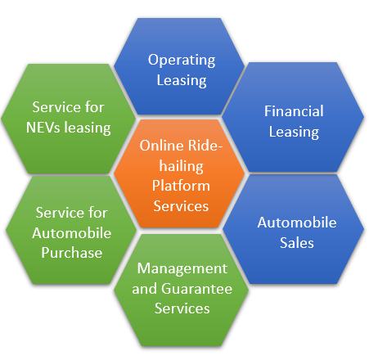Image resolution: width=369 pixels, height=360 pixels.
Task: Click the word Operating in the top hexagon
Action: click(182, 61)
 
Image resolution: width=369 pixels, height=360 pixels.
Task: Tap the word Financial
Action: click(294, 111)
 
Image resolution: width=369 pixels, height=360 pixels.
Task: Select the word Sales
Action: click(297, 243)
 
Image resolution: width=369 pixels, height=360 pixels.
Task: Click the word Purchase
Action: click(72, 253)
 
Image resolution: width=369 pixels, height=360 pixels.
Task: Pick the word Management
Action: click(182, 268)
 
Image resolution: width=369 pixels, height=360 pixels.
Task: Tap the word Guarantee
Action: click(196, 289)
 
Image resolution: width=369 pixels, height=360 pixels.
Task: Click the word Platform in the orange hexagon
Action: click(181, 186)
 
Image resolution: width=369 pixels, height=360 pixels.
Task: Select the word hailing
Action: click(182, 167)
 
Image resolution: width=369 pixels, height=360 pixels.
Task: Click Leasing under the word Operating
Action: click(182, 81)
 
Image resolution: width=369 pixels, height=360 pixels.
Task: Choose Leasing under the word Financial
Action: click(294, 133)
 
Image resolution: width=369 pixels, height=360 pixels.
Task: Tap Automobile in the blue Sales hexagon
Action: click(297, 223)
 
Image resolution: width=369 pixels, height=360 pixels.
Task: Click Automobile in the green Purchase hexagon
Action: click(72, 233)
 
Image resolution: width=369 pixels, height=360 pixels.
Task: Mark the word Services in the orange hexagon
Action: click(181, 206)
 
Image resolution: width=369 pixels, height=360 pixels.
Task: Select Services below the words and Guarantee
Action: click(182, 308)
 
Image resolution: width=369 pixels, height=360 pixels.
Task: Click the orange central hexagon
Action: click(179, 173)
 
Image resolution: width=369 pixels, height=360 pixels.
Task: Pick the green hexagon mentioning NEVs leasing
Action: click(68, 119)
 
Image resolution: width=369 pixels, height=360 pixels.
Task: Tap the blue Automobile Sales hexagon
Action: click(294, 229)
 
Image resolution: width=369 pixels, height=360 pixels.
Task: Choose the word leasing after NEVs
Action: click(88, 128)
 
